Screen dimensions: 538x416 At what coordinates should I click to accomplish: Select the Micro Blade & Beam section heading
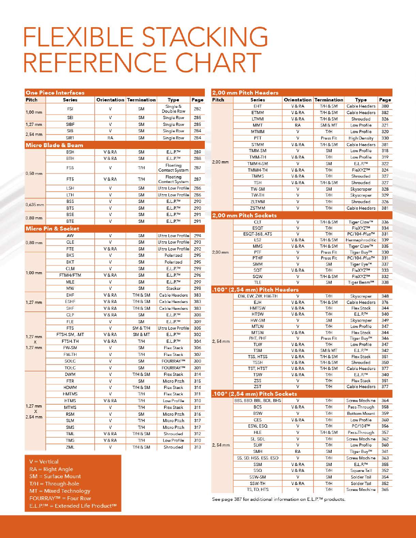click(54, 145)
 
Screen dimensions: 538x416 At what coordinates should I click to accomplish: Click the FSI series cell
click(70, 109)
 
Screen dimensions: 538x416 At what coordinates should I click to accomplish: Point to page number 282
click(197, 109)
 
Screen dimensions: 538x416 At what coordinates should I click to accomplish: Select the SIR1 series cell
click(70, 138)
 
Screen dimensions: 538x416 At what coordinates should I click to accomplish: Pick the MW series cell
click(70, 288)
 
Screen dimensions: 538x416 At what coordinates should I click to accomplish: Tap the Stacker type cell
click(173, 288)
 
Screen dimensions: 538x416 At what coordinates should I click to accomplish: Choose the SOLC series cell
click(70, 361)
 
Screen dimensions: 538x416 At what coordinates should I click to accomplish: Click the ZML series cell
click(70, 447)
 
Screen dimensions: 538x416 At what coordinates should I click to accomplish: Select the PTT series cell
click(258, 138)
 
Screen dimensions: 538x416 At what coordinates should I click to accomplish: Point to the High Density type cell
click(361, 138)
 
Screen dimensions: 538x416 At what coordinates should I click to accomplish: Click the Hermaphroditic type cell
click(361, 240)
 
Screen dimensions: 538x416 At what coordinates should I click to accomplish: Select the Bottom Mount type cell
click(361, 413)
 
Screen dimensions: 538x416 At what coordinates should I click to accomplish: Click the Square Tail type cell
click(361, 471)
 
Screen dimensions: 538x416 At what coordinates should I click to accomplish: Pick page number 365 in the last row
click(385, 490)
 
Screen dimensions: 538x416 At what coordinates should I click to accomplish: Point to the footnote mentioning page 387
click(279, 500)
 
